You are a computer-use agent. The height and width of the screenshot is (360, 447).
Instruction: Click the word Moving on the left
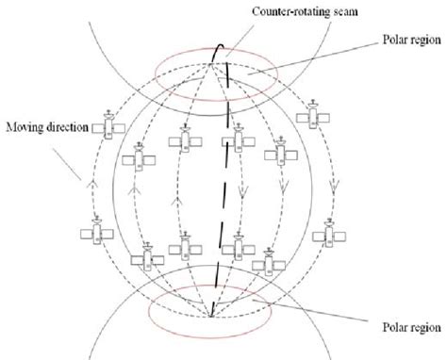[25, 123]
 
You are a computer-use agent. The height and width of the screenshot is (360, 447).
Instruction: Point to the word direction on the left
[68, 123]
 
